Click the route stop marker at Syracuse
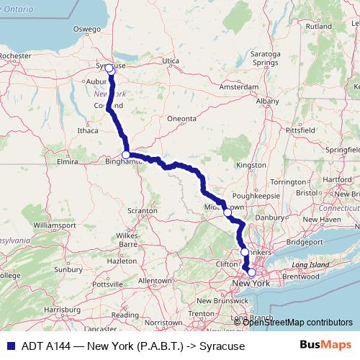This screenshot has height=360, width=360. [x=109, y=69]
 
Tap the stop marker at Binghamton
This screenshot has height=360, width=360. [x=126, y=155]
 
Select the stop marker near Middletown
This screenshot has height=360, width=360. [x=228, y=212]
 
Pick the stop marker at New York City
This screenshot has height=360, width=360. [x=251, y=273]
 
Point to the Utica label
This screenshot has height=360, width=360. [x=170, y=61]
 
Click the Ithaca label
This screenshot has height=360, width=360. [x=87, y=131]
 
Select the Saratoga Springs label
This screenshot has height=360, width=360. [x=263, y=58]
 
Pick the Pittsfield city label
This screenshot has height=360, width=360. [x=300, y=130]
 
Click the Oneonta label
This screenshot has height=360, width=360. [x=181, y=118]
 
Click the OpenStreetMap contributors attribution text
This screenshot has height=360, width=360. [x=297, y=322]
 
